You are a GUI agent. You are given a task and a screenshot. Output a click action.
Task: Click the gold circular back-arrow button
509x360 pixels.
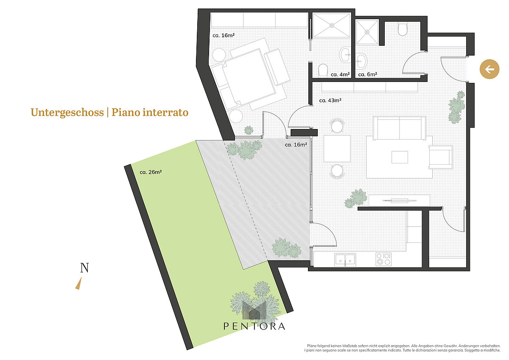coord(489,69)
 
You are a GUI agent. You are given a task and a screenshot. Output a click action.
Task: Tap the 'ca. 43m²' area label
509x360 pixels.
coord(330,100)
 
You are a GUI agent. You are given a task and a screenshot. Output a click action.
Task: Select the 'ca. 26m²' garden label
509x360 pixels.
coord(151,172)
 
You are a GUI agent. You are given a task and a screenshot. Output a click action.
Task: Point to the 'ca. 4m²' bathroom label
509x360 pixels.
coord(340,74)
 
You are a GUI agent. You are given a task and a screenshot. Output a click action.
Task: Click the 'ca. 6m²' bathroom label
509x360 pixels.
coord(368,74)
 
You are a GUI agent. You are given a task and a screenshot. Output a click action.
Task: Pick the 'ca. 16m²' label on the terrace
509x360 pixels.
coord(296,145)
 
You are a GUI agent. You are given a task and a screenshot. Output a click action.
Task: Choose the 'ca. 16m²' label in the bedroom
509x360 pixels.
coord(224,36)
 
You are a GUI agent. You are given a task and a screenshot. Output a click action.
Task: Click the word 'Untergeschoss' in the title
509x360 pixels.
coord(67,112)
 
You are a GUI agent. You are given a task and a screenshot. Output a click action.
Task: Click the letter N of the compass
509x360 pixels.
coord(84,268)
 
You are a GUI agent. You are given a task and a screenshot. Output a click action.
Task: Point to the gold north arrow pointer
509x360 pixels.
coord(78,283)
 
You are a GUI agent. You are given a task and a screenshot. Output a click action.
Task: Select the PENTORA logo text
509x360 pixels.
coord(254,326)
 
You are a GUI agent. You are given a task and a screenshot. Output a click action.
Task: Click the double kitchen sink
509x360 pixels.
coord(345,260)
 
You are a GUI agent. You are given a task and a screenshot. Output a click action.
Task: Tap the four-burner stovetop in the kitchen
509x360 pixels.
coord(383,259)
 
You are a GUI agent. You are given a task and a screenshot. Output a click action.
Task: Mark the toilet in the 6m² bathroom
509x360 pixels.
coord(403,29)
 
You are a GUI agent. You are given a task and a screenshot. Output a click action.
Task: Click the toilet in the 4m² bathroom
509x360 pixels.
coord(323,70)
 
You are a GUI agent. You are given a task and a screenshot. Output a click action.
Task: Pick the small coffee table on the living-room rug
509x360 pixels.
coord(400,157)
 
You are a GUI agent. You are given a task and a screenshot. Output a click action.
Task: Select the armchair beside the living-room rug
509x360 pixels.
coord(441,157)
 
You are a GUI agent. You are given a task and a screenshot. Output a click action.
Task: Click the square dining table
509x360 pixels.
coord(337,149)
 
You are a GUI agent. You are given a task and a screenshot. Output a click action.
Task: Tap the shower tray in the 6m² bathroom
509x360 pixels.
coord(367,32)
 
